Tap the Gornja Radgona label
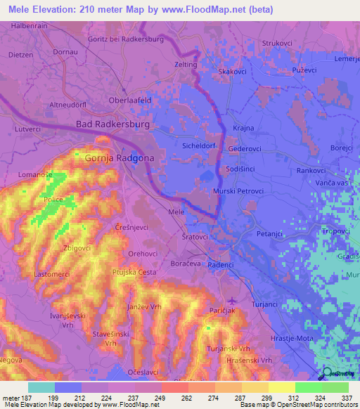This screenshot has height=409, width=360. click(119, 159)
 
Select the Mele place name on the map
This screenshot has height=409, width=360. click(176, 212)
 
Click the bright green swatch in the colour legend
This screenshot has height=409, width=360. click(308, 387)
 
